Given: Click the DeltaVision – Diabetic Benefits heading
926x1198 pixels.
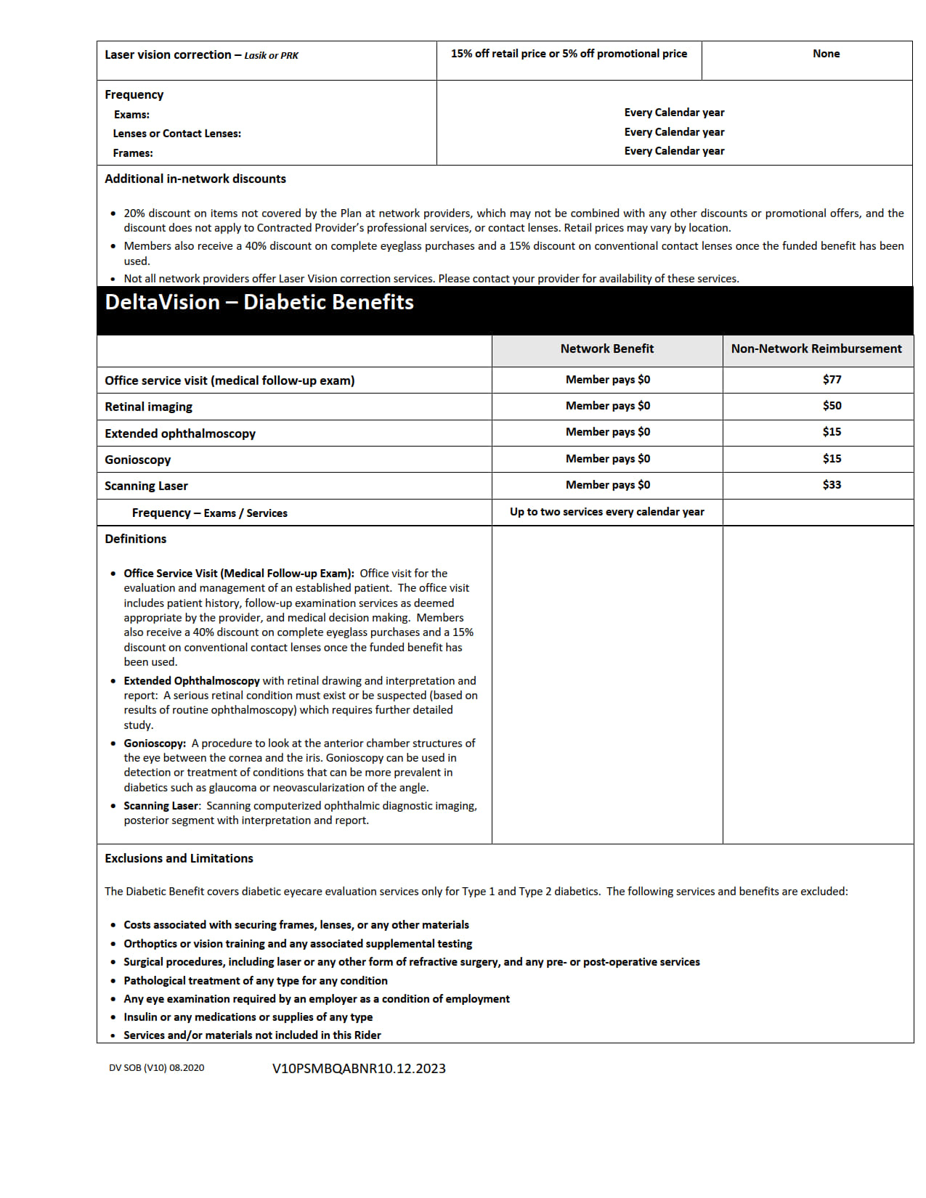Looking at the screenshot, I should (x=259, y=303).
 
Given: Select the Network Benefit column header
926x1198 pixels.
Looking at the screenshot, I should (x=606, y=349).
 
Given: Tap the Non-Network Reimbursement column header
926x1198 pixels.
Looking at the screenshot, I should (x=816, y=349).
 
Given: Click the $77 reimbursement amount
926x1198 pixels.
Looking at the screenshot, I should (x=832, y=380).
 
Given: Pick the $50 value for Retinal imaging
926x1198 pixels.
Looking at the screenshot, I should (x=832, y=406).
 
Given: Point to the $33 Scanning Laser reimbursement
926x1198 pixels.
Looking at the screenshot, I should (x=832, y=485).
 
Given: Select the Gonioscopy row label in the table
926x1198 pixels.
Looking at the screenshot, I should (x=138, y=460).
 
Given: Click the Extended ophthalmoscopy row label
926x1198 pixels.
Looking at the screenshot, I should (x=180, y=434).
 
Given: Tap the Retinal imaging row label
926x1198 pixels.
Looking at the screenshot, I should (x=148, y=407).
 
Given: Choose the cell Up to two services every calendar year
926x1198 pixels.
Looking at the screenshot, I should (x=606, y=512).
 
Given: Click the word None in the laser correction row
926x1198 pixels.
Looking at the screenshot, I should (x=826, y=54).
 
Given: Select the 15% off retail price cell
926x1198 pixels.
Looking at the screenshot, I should (x=569, y=54).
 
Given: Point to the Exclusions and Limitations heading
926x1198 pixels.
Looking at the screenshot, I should (x=179, y=859).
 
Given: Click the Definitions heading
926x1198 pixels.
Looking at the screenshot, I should (x=135, y=539).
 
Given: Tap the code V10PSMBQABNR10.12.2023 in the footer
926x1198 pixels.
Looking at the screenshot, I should (x=359, y=1069).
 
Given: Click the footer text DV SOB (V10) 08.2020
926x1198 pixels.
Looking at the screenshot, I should (x=156, y=1068).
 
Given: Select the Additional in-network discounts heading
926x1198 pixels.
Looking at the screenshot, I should (x=195, y=179).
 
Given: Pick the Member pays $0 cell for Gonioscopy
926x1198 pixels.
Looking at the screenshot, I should (x=607, y=459).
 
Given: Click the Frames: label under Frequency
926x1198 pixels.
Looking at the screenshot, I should (x=133, y=153).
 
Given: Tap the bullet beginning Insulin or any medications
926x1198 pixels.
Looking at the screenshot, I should (x=248, y=1017).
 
